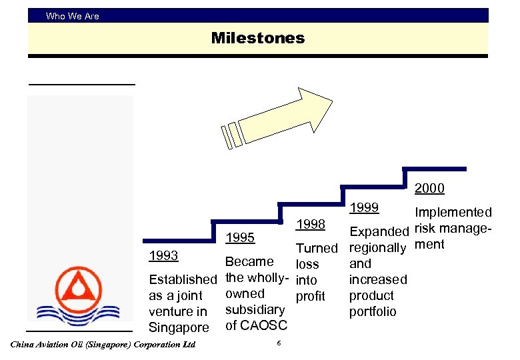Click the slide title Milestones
pos(257,38)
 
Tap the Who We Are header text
pos(72,16)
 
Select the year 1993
pos(163,256)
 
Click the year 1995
pos(241,238)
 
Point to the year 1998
pos(310,224)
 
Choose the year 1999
pos(364,207)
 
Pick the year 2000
pos(429,189)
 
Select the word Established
pos(183,279)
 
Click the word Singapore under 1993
pos(179,327)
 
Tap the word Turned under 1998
pos(317,248)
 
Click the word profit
pos(310,295)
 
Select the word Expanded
pos(379,232)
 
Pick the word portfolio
pos(373,311)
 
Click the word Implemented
pos(453,213)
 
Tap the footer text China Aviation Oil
pos(103,345)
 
